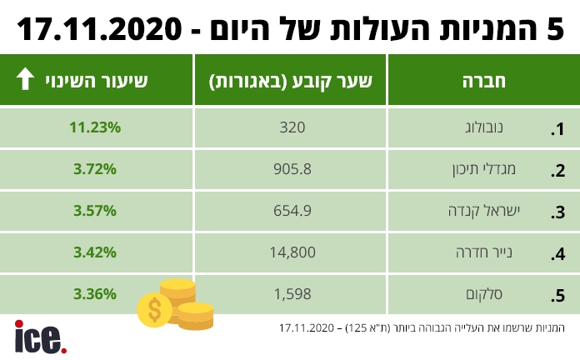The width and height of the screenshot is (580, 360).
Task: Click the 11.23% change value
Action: (x=96, y=127)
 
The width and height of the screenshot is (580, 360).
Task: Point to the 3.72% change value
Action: (x=96, y=169)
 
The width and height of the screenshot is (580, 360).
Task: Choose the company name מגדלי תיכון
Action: (x=492, y=171)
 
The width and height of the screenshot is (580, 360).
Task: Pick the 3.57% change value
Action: (x=96, y=211)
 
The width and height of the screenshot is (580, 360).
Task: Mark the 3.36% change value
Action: (x=96, y=293)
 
